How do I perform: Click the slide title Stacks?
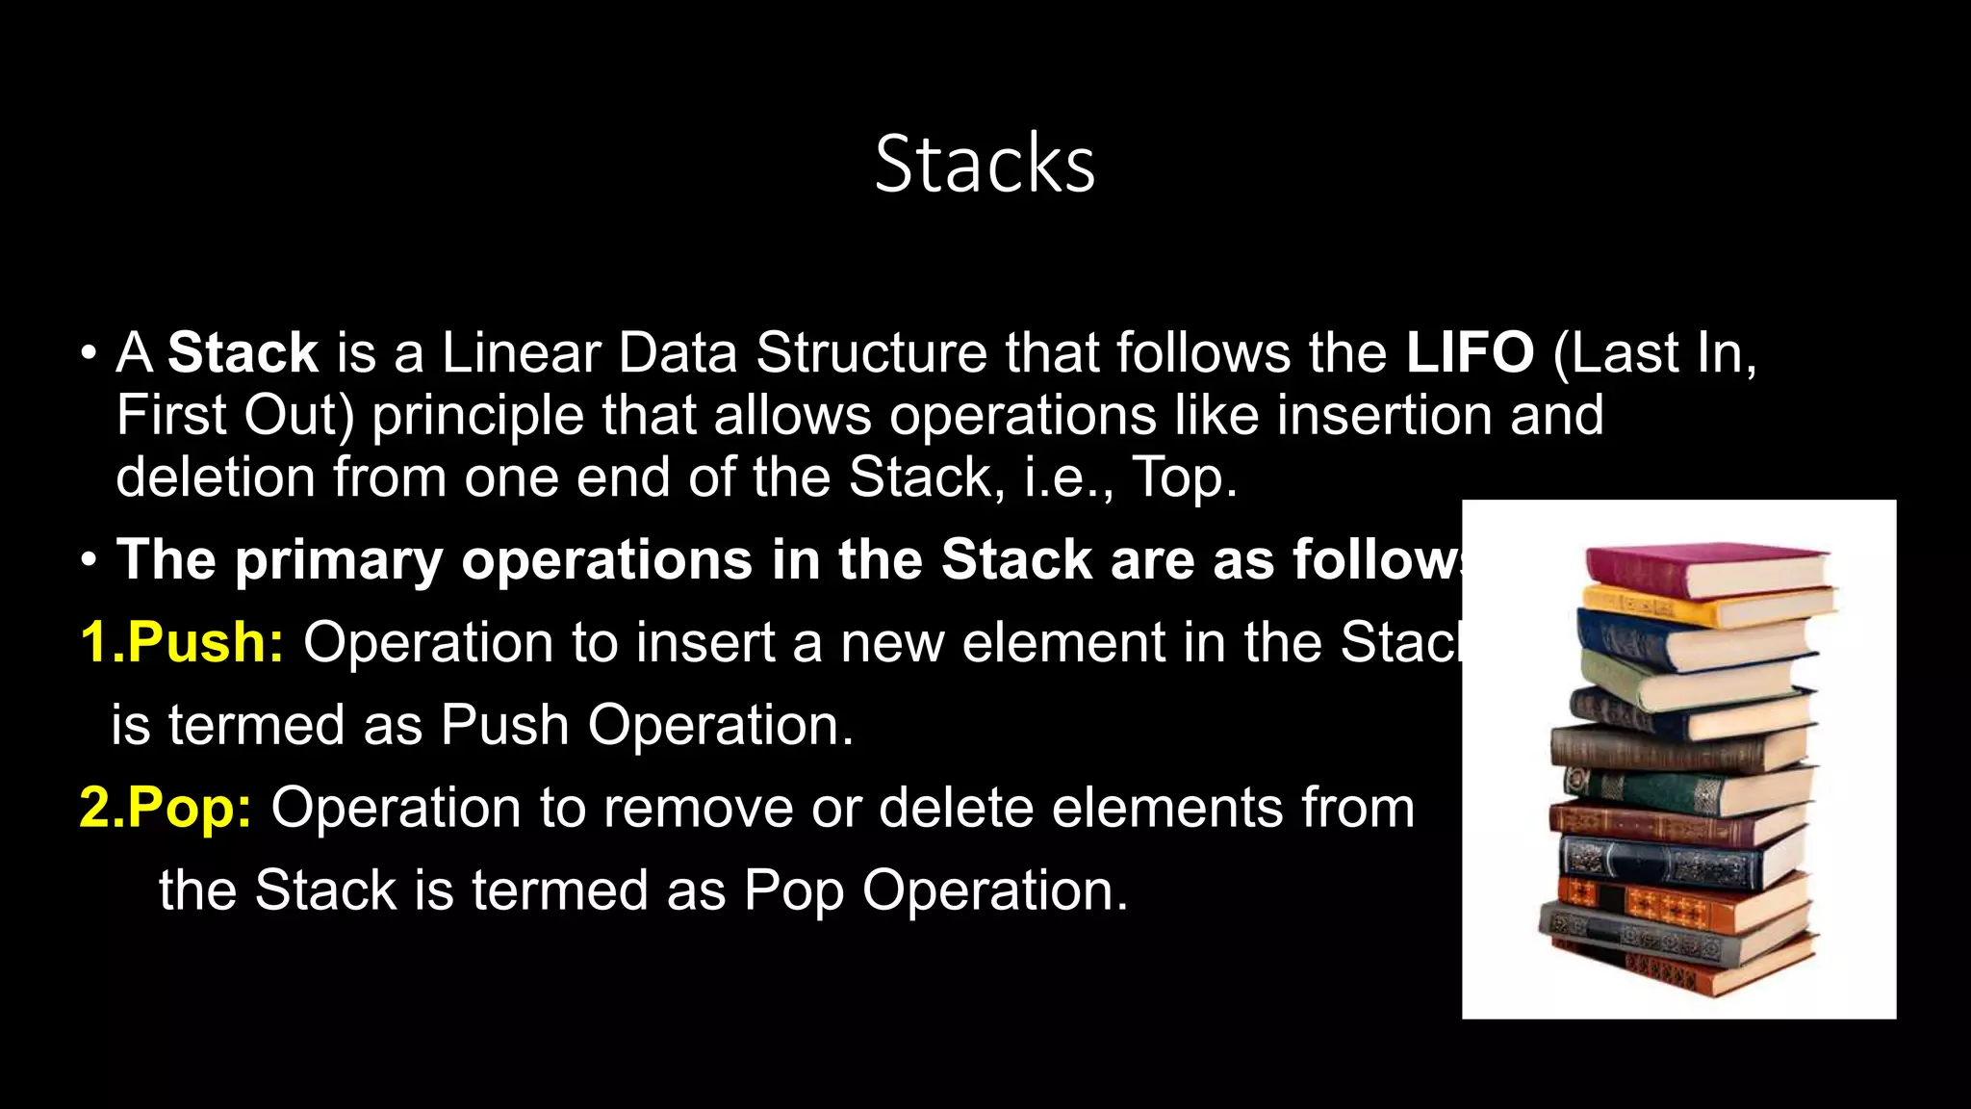(985, 164)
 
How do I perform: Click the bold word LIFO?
(1470, 352)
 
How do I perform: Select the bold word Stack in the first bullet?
(243, 352)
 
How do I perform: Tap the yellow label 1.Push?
(182, 642)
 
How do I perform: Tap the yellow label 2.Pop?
(166, 807)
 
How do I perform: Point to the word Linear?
(521, 352)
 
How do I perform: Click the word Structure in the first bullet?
(871, 352)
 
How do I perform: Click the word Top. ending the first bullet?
(1184, 477)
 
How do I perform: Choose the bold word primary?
(339, 560)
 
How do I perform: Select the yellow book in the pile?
(1694, 607)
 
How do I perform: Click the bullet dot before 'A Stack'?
(89, 352)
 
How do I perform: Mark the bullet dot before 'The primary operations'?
(89, 560)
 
